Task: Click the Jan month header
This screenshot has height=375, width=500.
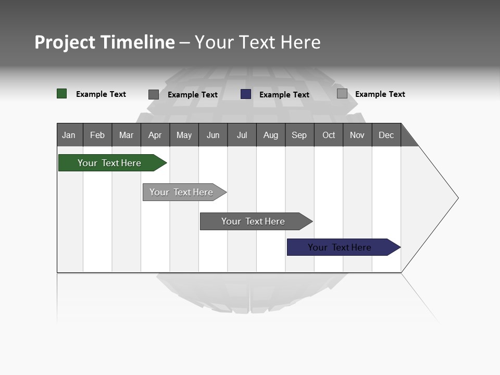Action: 69,135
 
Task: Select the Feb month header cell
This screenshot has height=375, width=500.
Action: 97,135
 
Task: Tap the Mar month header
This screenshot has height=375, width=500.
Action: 126,135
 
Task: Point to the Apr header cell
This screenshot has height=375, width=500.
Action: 155,135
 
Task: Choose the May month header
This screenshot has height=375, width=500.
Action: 184,135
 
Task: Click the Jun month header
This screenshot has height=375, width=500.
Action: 213,135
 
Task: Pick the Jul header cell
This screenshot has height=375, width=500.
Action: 242,135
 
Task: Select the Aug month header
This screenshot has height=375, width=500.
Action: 271,135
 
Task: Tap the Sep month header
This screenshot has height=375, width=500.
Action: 299,135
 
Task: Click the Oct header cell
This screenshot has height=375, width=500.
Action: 329,135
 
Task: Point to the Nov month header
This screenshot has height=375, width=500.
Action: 357,135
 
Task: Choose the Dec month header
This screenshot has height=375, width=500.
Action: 386,135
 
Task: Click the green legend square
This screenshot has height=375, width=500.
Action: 62,94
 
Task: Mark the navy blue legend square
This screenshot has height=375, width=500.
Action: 246,94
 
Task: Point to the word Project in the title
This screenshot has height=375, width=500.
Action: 65,42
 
